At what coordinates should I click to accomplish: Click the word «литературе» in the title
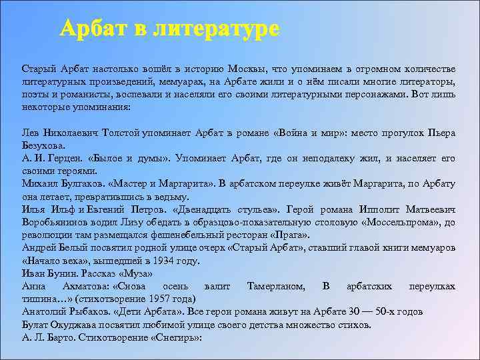pyautogui.click(x=216, y=29)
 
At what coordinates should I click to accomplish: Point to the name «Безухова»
pyautogui.click(x=44, y=145)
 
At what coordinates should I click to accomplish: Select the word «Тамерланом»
pyautogui.click(x=276, y=286)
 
